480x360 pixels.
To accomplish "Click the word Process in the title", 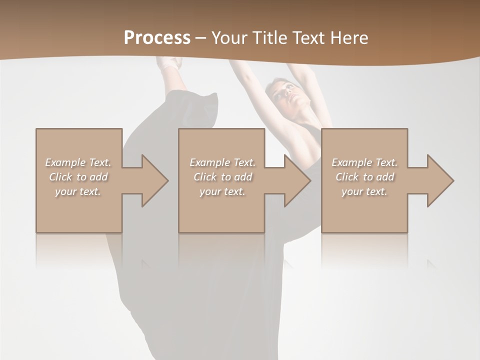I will (157, 38).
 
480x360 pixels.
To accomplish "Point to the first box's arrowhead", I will (155, 180).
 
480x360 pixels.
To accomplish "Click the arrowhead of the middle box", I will (298, 180).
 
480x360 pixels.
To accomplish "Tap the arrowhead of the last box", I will (440, 180).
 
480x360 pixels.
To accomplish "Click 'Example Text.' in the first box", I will (78, 162).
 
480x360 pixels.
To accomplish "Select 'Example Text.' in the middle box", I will (222, 162).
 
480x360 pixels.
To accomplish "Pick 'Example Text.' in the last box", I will (364, 162).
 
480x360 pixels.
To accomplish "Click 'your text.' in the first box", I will (78, 191).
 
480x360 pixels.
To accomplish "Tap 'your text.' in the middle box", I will (222, 191).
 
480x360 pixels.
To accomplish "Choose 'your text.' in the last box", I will (364, 191).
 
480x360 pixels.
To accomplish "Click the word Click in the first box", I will (60, 177).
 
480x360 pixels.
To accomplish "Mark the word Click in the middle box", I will (205, 177).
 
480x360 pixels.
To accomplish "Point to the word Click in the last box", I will (347, 177).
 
